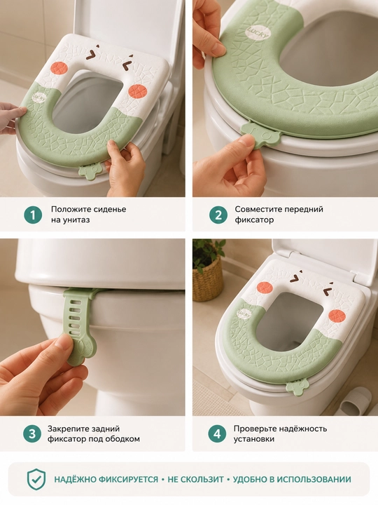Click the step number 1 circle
pyautogui.click(x=33, y=215)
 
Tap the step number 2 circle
pyautogui.click(x=218, y=215)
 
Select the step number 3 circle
pyautogui.click(x=32, y=433)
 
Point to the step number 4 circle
pyautogui.click(x=217, y=433)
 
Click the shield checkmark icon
pyautogui.click(x=36, y=479)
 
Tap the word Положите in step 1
pyautogui.click(x=69, y=209)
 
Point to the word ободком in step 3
pyautogui.click(x=123, y=439)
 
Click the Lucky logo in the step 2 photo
pyautogui.click(x=258, y=32)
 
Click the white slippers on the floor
pyautogui.click(x=354, y=402)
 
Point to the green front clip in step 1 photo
pyautogui.click(x=90, y=172)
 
